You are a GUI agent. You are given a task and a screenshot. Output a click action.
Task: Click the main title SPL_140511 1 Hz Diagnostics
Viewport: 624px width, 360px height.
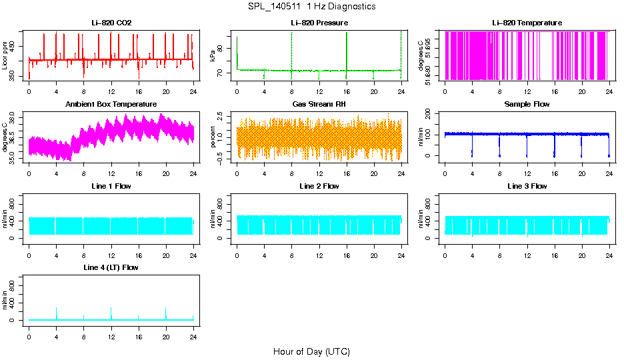coord(311,7)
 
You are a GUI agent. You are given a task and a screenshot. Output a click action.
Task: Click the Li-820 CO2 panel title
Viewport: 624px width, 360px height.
coord(111,23)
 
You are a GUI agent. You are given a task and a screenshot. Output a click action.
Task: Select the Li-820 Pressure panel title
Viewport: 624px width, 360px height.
coord(319,23)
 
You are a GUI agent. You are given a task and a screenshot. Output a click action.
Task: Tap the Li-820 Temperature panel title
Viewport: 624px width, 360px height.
coord(527,23)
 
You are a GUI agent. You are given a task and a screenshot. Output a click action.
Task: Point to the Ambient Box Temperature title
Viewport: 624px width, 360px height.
coord(111,105)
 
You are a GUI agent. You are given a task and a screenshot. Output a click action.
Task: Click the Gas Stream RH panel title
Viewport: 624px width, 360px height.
coord(319,105)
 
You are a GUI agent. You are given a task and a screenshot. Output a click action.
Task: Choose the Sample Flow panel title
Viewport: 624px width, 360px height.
coord(527,105)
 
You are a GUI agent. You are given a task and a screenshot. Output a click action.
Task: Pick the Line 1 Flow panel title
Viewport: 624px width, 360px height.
coord(111,186)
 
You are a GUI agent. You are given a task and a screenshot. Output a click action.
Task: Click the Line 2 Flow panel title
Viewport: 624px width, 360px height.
coord(319,186)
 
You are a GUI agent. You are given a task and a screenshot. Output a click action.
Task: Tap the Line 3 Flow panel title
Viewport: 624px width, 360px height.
coord(527,186)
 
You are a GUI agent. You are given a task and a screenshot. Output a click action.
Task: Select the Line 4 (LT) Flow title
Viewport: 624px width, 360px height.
coord(111,267)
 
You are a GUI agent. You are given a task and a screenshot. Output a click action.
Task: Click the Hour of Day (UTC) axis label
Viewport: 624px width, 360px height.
coord(311,351)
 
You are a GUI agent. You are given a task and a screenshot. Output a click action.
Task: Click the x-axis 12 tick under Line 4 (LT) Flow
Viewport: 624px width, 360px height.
coord(111,336)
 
